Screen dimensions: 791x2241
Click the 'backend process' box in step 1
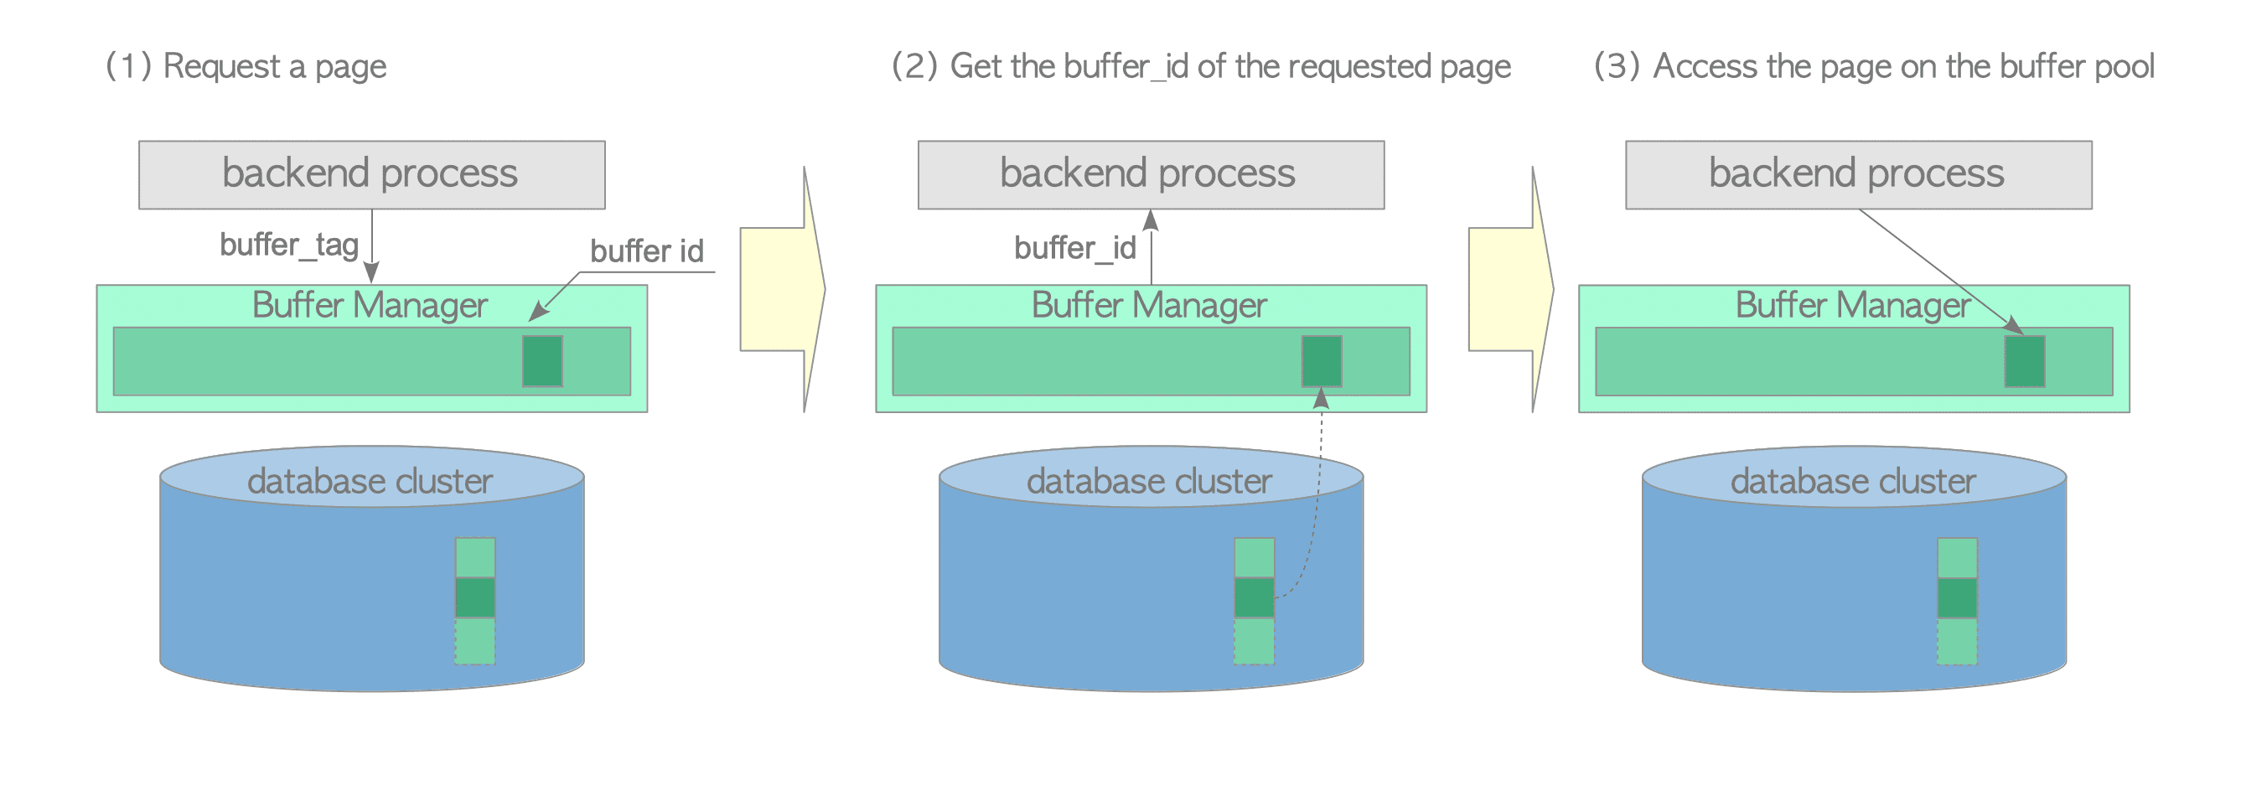click(371, 174)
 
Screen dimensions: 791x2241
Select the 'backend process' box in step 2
click(1150, 174)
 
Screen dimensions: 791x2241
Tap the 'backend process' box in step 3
click(1858, 174)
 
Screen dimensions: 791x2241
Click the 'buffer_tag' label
click(289, 245)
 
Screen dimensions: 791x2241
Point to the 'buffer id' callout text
click(646, 251)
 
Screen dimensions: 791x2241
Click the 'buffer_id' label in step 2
click(1074, 248)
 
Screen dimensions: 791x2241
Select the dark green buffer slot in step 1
click(542, 361)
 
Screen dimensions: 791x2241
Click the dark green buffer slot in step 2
click(1321, 361)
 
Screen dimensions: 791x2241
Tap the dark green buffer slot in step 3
click(2025, 361)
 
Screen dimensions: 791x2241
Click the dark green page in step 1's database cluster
click(475, 597)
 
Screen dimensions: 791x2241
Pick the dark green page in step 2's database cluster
click(1254, 597)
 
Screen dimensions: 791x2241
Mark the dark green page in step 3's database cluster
click(1957, 597)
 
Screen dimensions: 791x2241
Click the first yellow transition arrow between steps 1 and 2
click(780, 289)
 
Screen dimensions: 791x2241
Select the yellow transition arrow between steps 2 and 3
click(1509, 289)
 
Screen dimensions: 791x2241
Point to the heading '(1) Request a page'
click(246, 66)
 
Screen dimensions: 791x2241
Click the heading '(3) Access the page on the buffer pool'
click(1873, 66)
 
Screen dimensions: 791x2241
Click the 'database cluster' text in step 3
click(1853, 481)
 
